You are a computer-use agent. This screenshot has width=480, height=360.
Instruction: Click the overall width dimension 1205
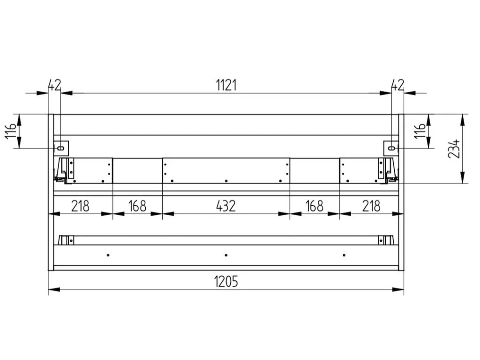pos(226,282)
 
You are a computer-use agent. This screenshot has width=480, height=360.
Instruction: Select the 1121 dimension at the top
pos(226,85)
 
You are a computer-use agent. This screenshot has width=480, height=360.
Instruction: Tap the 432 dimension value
pos(226,206)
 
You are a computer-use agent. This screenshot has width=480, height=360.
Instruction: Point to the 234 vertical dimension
pos(454,149)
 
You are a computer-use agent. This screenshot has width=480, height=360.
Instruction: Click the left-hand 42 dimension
pos(55,85)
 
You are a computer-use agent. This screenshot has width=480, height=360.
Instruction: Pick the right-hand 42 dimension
pos(397,85)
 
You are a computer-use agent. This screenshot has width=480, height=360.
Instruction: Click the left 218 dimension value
pos(81,206)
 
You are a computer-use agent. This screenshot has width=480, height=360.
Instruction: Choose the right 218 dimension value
pos(371,206)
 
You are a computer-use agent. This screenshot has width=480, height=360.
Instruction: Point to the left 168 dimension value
pos(137,206)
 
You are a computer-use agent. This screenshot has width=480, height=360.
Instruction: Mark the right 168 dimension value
pos(314,206)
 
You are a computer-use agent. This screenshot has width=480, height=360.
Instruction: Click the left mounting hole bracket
pos(61,148)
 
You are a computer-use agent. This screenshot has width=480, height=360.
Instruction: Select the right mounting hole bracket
pos(391,148)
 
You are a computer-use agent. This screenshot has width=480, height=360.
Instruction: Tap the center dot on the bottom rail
pos(226,255)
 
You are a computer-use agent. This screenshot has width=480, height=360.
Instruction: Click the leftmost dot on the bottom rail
pos(108,255)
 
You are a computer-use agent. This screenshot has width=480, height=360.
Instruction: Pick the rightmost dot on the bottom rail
pos(344,255)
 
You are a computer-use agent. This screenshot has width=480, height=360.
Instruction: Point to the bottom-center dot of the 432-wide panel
pos(226,181)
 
